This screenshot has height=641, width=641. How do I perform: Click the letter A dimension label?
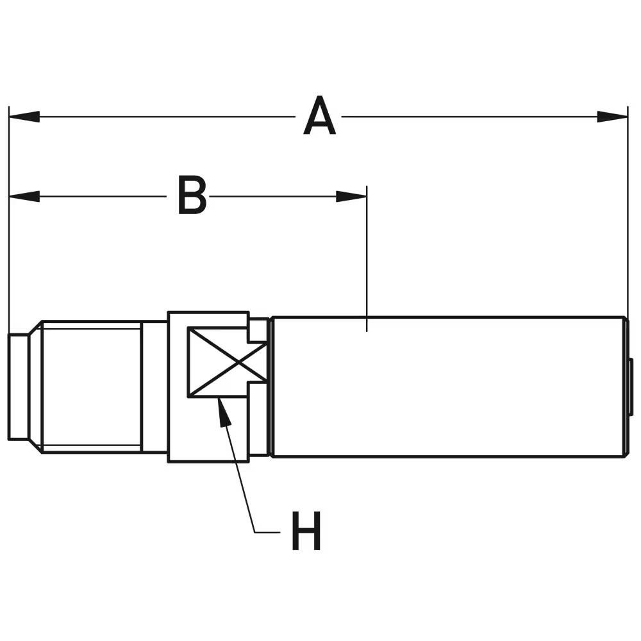319,117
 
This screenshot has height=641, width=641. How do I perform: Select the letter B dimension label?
192,196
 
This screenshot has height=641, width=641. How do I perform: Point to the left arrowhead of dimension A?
24,117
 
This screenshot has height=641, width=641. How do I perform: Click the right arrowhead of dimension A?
612,117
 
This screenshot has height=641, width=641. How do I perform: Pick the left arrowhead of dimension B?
24,196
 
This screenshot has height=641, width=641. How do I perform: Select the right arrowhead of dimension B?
351,196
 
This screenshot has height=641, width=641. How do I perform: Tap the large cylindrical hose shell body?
449,387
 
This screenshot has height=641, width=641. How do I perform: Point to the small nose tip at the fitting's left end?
18,387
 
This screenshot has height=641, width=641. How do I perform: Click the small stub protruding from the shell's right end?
631,387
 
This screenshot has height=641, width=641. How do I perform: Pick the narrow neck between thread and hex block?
154,387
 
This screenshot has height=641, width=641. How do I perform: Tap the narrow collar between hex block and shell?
259,387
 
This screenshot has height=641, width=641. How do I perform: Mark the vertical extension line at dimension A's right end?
628,212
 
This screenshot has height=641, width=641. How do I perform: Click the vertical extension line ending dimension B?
366,256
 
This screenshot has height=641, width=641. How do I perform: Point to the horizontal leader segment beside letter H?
268,531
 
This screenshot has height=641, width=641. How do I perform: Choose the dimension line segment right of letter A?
468,117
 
